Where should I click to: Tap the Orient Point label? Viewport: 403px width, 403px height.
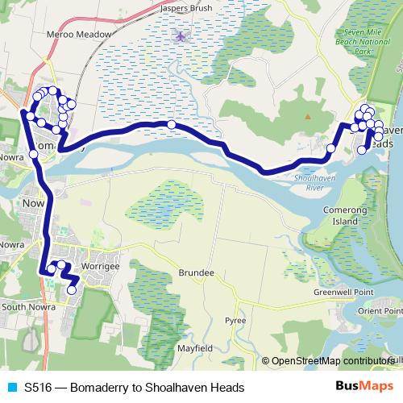pyautogui.click(x=381, y=310)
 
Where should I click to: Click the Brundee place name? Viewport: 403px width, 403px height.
pyautogui.click(x=196, y=273)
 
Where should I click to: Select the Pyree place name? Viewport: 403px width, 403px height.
pyautogui.click(x=235, y=320)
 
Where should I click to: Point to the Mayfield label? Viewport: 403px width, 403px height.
pyautogui.click(x=193, y=348)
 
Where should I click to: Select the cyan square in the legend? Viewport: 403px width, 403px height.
pyautogui.click(x=9, y=388)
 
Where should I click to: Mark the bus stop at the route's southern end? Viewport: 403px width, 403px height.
pyautogui.click(x=72, y=290)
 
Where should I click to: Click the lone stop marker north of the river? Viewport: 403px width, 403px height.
pyautogui.click(x=172, y=124)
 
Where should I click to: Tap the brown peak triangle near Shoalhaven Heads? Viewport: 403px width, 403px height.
pyautogui.click(x=307, y=116)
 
